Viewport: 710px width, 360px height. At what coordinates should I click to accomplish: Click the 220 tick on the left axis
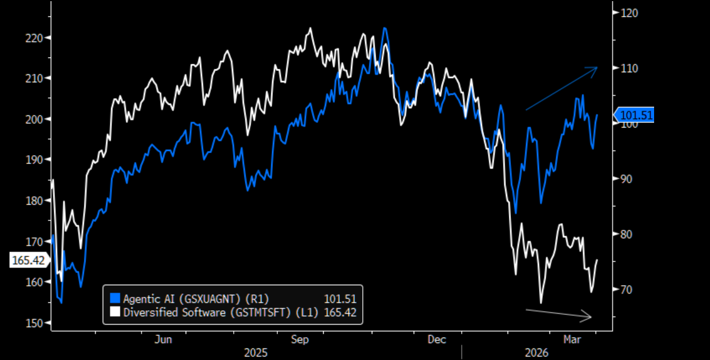[x=38, y=37]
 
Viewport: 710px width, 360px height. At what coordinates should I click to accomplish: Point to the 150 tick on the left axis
[x=38, y=323]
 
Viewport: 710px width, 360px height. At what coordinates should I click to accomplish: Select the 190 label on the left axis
[x=38, y=160]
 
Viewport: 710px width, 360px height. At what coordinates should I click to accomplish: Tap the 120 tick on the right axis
[x=627, y=13]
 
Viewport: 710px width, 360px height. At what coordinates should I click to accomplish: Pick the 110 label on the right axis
[x=627, y=68]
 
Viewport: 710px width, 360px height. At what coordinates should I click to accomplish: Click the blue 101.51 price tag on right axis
[x=635, y=116]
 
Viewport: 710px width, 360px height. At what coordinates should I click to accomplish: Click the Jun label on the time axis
[x=163, y=340]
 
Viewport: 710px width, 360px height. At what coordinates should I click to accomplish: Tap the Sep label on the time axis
[x=300, y=340]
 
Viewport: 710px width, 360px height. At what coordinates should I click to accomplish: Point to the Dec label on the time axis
[x=437, y=340]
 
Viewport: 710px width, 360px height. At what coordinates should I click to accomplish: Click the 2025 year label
[x=256, y=353]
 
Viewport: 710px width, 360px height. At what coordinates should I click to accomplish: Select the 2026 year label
[x=537, y=353]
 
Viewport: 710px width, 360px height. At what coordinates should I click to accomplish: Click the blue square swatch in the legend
[x=115, y=299]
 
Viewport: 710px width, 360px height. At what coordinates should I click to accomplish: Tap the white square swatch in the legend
[x=115, y=312]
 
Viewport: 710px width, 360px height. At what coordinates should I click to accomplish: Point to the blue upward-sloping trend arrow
[x=561, y=88]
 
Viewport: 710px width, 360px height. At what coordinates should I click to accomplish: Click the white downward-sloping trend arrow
[x=559, y=314]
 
